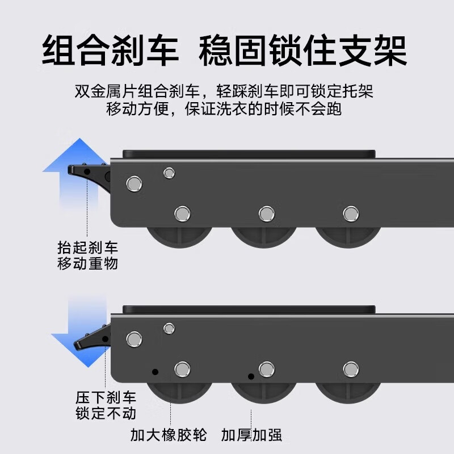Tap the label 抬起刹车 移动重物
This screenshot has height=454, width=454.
pos(88,255)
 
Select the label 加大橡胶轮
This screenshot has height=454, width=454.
pos(169,435)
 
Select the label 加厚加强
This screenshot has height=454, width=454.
pos(252,435)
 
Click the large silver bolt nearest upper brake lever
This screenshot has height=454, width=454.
pos(134,183)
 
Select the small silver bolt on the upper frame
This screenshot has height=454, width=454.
pos(169,173)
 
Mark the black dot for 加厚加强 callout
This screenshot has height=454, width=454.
pos(251,376)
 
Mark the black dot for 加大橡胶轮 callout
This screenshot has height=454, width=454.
pos(155,372)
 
